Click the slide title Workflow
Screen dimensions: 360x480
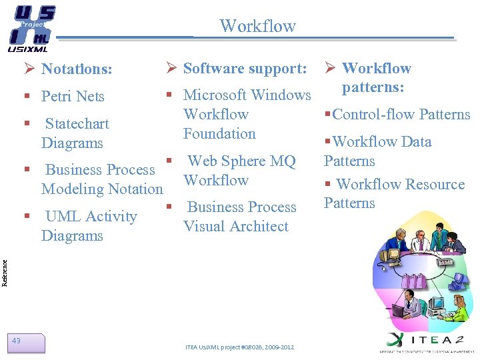click(257, 26)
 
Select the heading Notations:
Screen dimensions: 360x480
click(76, 69)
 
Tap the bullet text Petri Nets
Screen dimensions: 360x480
click(73, 97)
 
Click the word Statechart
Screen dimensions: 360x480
click(77, 124)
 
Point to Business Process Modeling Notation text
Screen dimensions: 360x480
click(101, 179)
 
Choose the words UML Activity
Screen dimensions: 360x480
click(91, 217)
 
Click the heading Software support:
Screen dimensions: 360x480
click(245, 68)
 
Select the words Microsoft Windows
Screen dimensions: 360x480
click(247, 95)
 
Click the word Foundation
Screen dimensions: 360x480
click(219, 133)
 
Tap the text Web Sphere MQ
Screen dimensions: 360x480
click(241, 161)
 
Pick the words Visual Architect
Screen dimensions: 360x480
click(235, 226)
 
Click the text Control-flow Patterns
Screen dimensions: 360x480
click(401, 114)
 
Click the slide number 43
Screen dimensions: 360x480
click(17, 341)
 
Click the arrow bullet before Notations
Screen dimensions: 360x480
click(29, 69)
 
